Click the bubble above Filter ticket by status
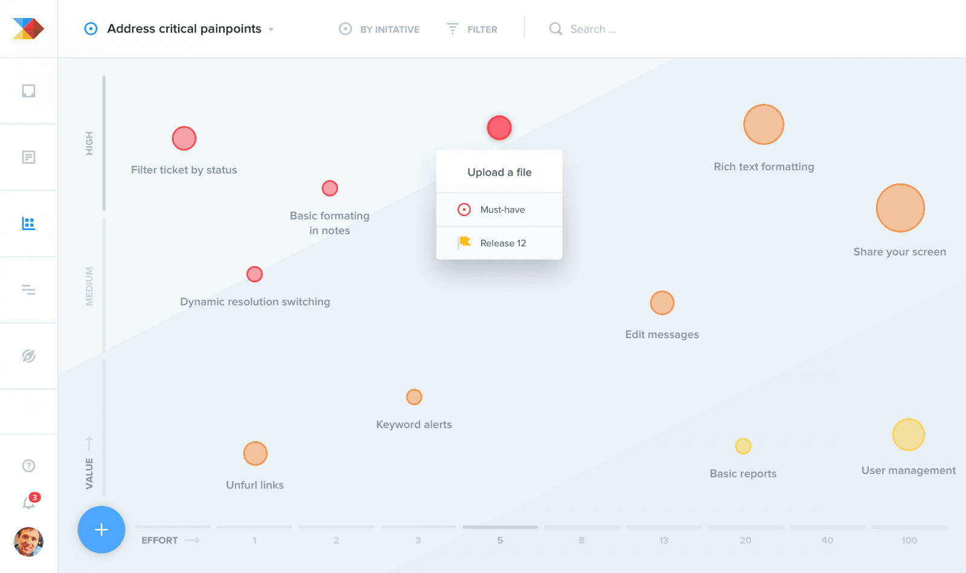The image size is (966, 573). (184, 138)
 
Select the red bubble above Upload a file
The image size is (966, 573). (499, 127)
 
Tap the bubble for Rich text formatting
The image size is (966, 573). (764, 124)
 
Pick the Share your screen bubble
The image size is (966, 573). (900, 208)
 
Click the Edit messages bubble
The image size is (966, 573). (662, 303)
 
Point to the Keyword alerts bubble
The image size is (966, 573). (414, 397)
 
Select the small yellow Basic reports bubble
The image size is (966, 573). (743, 446)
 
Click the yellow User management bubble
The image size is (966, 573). (909, 435)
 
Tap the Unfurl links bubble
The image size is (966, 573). (255, 453)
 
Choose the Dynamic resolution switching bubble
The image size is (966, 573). (255, 274)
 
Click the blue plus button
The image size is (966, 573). (101, 530)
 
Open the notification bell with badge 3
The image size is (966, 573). (29, 502)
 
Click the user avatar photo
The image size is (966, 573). (28, 542)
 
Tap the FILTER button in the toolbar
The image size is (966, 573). (473, 29)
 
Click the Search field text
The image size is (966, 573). (593, 29)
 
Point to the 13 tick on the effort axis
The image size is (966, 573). (664, 540)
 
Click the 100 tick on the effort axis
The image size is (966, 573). (909, 540)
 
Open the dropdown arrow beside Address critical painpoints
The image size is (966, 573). (271, 29)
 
